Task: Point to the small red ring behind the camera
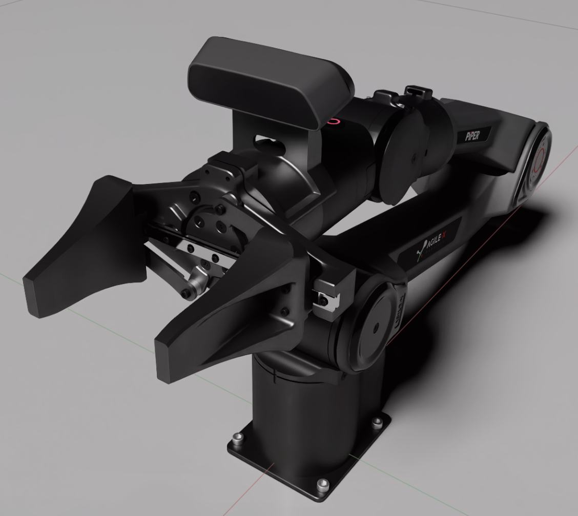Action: pos(334,121)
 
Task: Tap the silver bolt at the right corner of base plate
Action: pos(378,422)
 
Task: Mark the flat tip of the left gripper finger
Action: pos(33,292)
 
